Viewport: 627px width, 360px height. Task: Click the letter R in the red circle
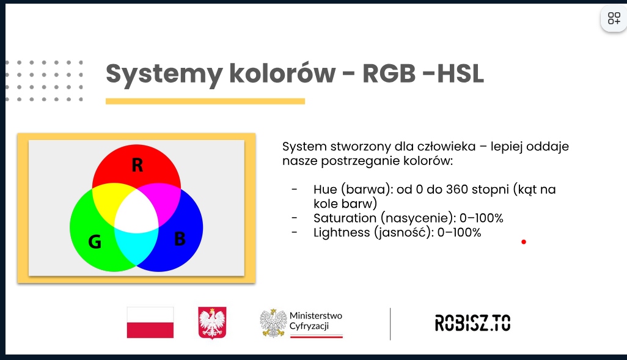(x=137, y=165)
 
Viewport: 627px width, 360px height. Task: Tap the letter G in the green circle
(x=95, y=241)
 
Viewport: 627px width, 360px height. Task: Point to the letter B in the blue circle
(x=180, y=239)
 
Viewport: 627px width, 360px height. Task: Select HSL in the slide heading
(x=460, y=73)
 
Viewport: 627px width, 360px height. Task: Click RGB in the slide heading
(x=389, y=73)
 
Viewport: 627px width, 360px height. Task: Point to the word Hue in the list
(x=325, y=189)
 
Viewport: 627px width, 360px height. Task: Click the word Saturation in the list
(x=345, y=218)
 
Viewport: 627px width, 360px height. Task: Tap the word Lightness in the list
(x=342, y=232)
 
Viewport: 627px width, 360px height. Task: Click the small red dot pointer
(x=524, y=241)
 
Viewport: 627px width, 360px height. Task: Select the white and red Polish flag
(x=150, y=322)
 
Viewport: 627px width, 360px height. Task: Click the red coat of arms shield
(x=212, y=323)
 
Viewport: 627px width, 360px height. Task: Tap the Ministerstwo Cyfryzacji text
(x=315, y=321)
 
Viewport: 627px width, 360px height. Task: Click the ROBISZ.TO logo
(x=472, y=323)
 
